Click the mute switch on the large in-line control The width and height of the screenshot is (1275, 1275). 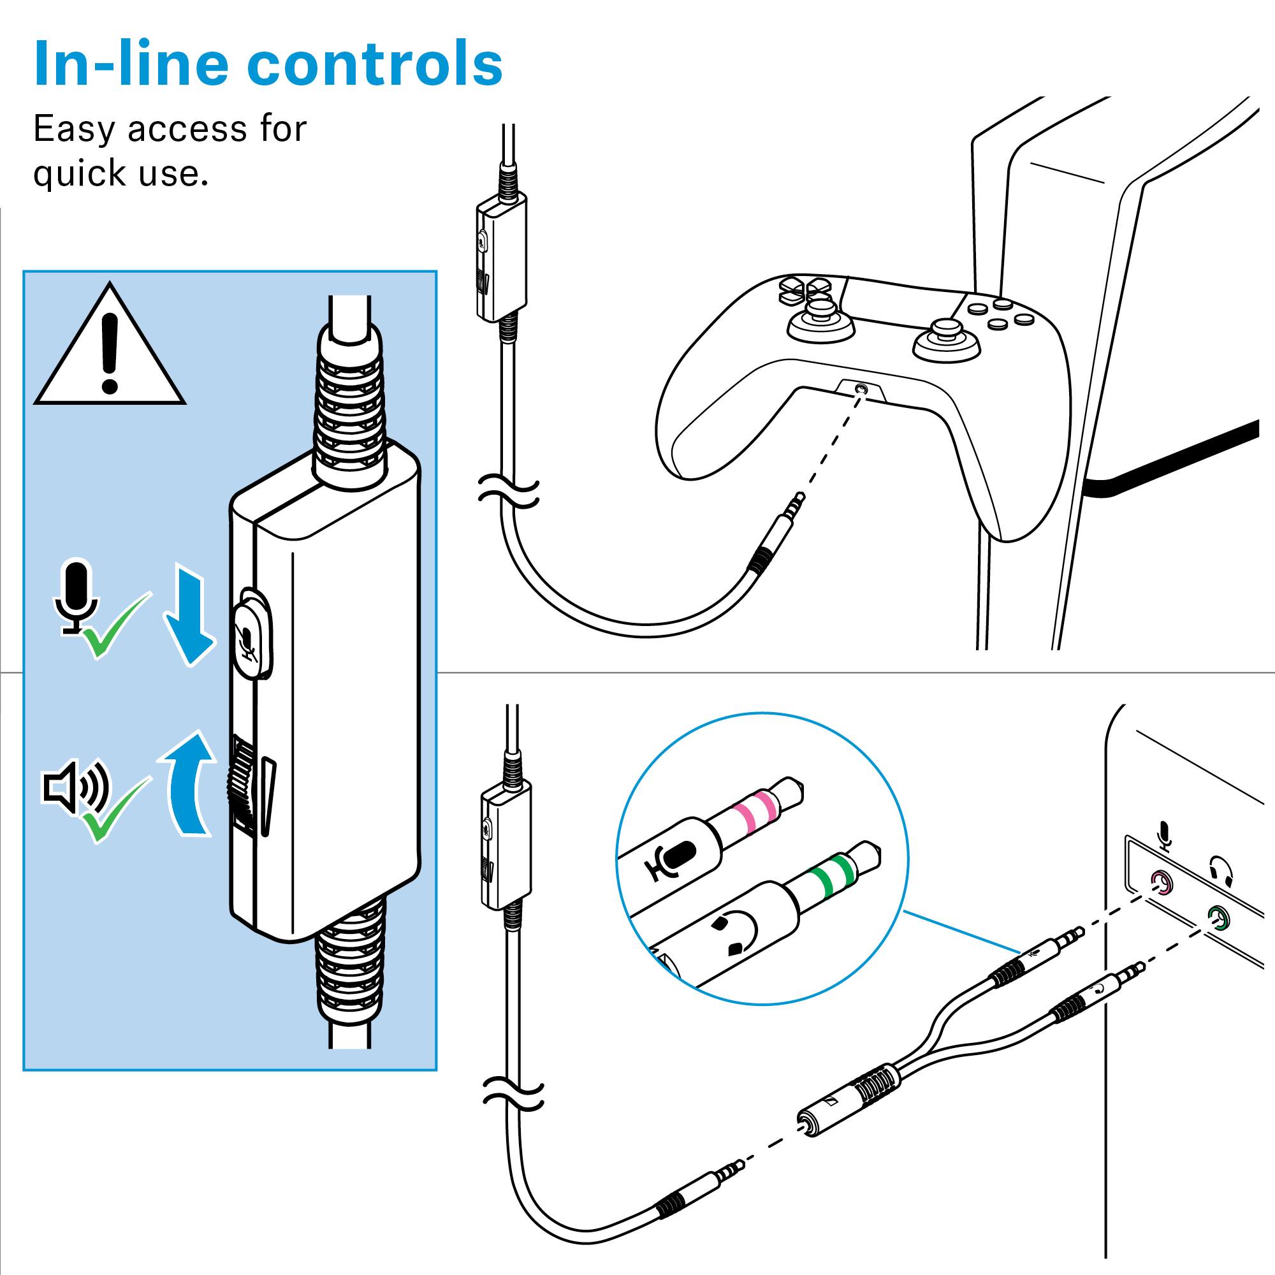[x=254, y=632]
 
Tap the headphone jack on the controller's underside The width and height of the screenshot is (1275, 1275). [x=859, y=389]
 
